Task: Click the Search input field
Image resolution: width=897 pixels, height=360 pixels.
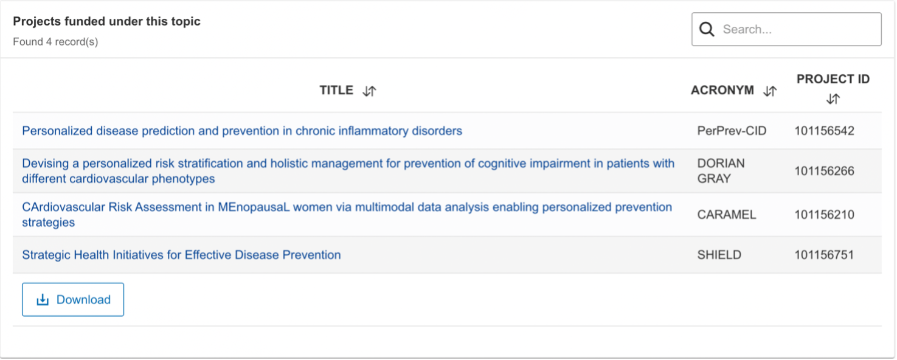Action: pyautogui.click(x=786, y=29)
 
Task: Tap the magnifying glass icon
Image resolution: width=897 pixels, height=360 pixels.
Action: pyautogui.click(x=707, y=29)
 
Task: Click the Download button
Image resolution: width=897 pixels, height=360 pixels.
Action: pyautogui.click(x=73, y=300)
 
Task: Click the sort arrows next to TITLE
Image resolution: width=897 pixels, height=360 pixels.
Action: pyautogui.click(x=369, y=91)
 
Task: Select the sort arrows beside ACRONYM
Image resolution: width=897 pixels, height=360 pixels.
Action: pyautogui.click(x=770, y=91)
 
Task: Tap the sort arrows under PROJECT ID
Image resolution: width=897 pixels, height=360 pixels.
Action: pyautogui.click(x=833, y=99)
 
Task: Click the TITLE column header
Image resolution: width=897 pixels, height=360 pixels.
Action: pyautogui.click(x=336, y=90)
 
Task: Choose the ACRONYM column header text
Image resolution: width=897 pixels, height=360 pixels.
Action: pyautogui.click(x=722, y=90)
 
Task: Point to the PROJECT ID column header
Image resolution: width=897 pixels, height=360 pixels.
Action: pyautogui.click(x=833, y=79)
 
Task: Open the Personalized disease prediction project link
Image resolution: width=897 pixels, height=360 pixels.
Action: pyautogui.click(x=242, y=131)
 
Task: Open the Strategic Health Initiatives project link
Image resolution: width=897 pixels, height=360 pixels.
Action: pyautogui.click(x=181, y=255)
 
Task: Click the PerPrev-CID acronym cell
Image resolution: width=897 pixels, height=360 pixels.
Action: pyautogui.click(x=732, y=131)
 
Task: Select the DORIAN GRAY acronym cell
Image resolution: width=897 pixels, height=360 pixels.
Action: pyautogui.click(x=721, y=171)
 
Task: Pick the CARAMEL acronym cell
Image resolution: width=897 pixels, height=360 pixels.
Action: pyautogui.click(x=726, y=215)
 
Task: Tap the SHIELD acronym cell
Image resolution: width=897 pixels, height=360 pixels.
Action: pyautogui.click(x=719, y=255)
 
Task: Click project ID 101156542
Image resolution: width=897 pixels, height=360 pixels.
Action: pyautogui.click(x=824, y=131)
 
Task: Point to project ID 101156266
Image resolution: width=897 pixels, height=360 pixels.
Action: pyautogui.click(x=824, y=171)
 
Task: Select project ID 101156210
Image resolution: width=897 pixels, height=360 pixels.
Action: pyautogui.click(x=824, y=215)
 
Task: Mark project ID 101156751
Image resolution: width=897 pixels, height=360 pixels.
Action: pyautogui.click(x=824, y=255)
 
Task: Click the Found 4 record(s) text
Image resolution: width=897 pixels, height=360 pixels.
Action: pyautogui.click(x=55, y=41)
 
